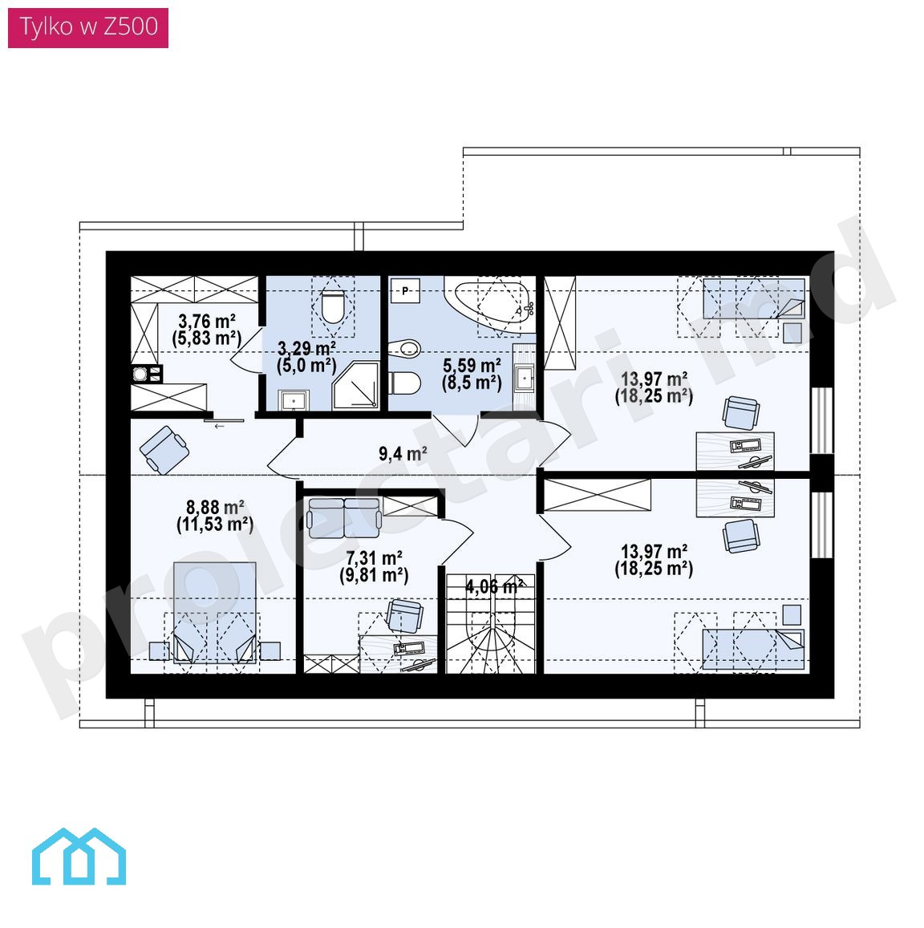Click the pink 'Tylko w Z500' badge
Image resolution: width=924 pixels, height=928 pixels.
tap(88, 27)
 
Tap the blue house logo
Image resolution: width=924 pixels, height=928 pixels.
tap(79, 857)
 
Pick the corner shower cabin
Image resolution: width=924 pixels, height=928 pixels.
tap(356, 385)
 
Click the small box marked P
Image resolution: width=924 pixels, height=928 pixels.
tap(405, 290)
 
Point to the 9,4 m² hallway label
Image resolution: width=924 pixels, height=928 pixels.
tap(403, 454)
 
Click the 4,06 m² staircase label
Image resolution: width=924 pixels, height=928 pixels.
tap(494, 586)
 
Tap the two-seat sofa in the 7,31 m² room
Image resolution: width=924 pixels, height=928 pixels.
tap(344, 517)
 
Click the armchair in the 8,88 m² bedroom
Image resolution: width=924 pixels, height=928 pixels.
tap(164, 450)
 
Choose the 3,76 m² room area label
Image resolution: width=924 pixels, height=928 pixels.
tap(207, 321)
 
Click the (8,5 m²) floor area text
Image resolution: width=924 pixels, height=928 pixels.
tap(472, 383)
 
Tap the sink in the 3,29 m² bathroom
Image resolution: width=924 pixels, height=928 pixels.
tap(293, 400)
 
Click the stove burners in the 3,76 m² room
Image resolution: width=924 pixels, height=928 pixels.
tap(146, 374)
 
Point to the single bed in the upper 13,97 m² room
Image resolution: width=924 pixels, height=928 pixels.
tap(753, 299)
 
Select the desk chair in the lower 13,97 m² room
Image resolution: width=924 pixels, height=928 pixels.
tap(740, 536)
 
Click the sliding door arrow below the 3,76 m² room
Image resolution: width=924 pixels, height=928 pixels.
tap(220, 426)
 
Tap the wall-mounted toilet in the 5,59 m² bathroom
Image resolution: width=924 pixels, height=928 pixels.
tap(405, 383)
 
